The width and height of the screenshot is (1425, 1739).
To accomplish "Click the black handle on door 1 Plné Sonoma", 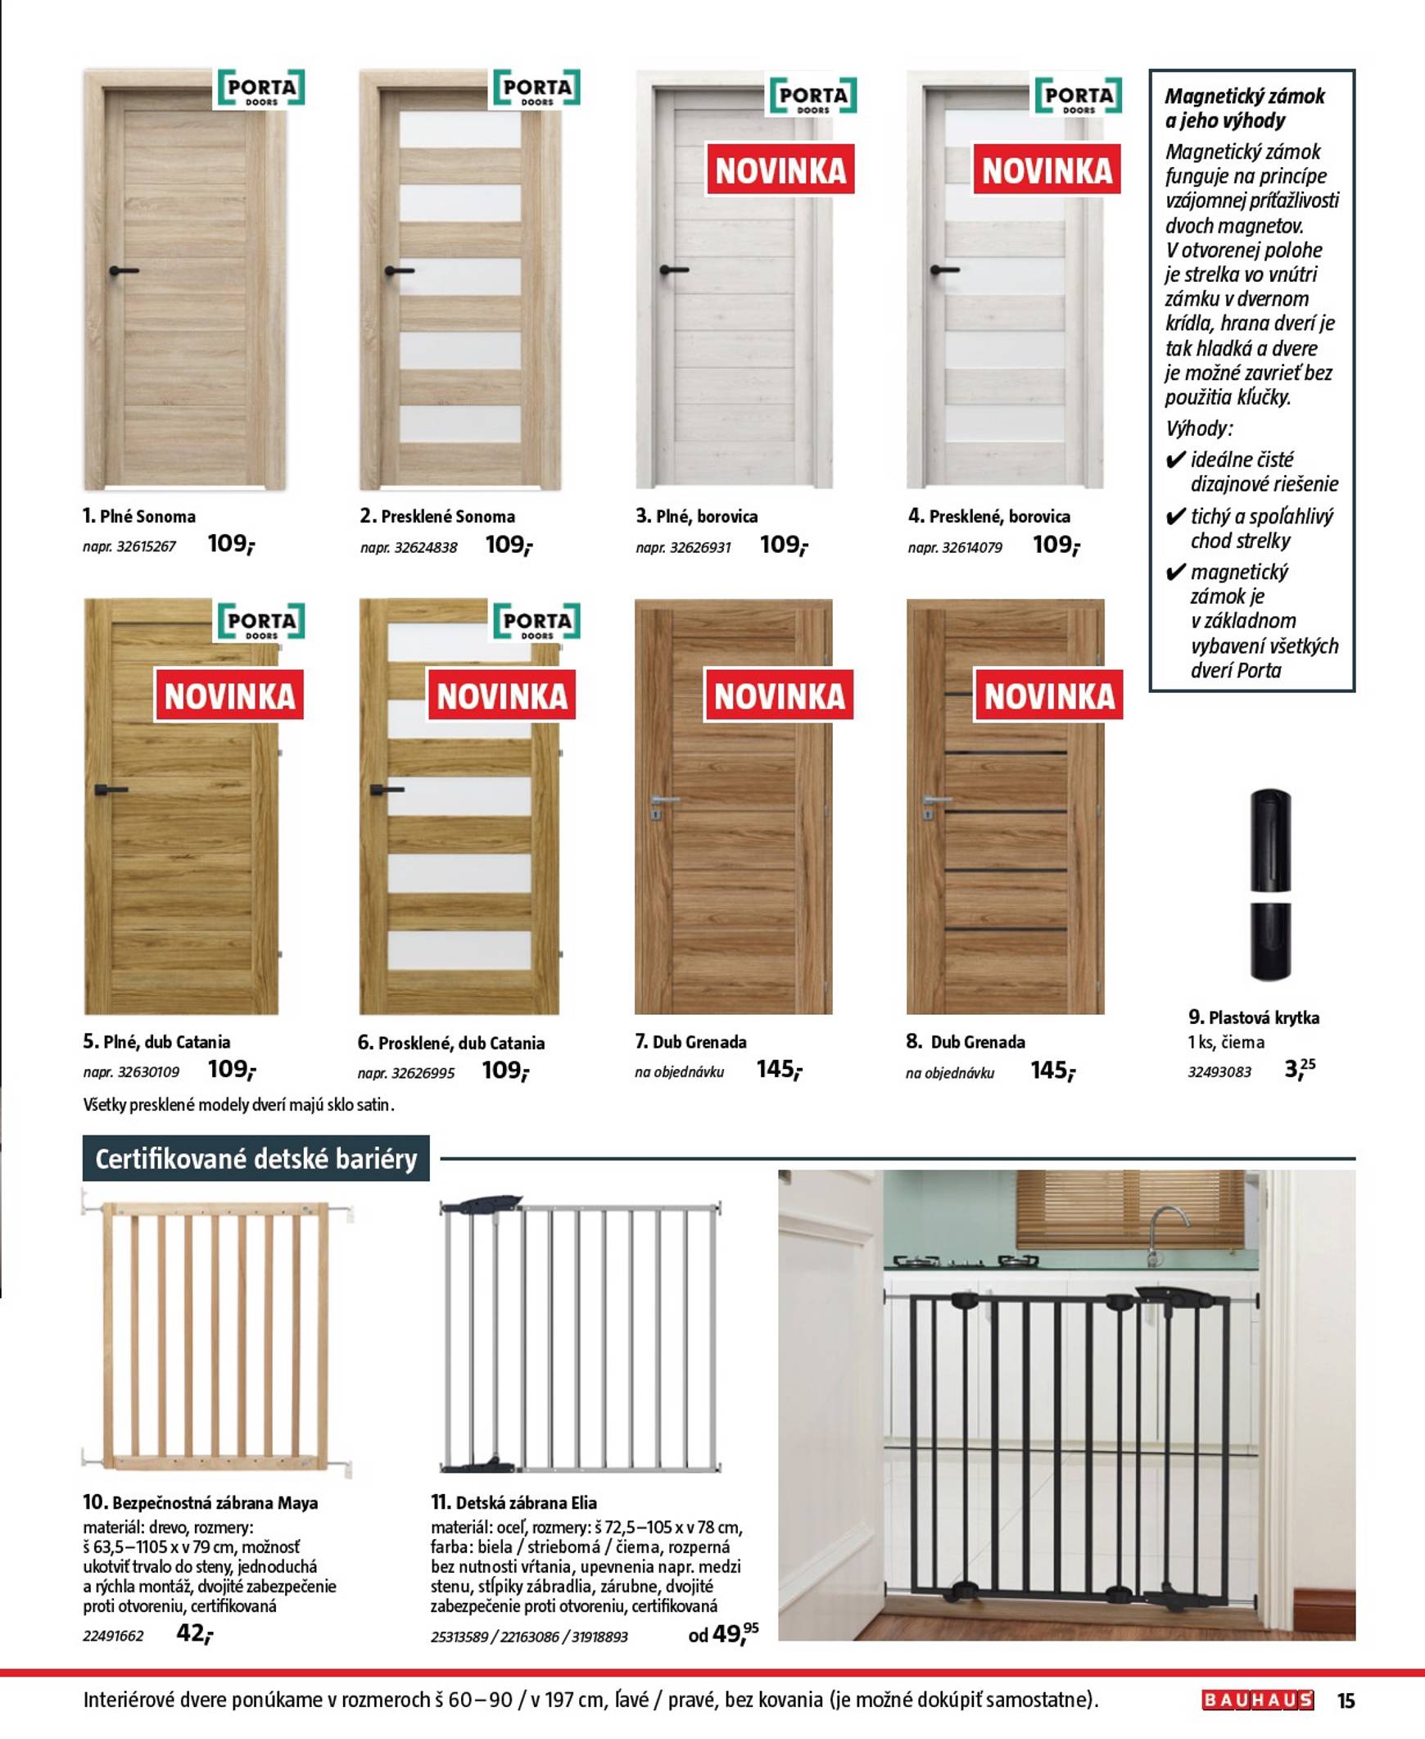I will pyautogui.click(x=123, y=270).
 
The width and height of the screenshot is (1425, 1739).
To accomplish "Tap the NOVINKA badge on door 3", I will pyautogui.click(x=780, y=170).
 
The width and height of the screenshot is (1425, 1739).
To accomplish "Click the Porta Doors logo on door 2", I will pyautogui.click(x=537, y=88).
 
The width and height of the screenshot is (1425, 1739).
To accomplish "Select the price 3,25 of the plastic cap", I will pyautogui.click(x=1300, y=1068).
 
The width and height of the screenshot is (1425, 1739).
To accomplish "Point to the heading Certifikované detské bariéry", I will pyautogui.click(x=256, y=1158).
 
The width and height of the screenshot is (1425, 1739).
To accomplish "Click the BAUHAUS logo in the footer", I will pyautogui.click(x=1258, y=1700).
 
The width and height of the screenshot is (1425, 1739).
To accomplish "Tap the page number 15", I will pyautogui.click(x=1346, y=1700).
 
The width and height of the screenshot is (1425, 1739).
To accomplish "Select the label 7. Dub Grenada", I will pyautogui.click(x=690, y=1042).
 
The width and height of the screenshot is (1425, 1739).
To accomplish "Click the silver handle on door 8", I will pyautogui.click(x=935, y=800).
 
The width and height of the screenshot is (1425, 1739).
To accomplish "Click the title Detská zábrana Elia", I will pyautogui.click(x=513, y=1502).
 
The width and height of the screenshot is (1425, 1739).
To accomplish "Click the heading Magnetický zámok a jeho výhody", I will pyautogui.click(x=1244, y=108).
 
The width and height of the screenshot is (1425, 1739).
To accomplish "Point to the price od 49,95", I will pyautogui.click(x=724, y=1633).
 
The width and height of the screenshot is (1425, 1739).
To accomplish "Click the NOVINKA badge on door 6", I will pyautogui.click(x=501, y=696).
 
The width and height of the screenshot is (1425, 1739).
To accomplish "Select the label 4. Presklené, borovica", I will pyautogui.click(x=988, y=516).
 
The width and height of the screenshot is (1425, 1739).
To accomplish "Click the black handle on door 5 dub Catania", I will pyautogui.click(x=110, y=790).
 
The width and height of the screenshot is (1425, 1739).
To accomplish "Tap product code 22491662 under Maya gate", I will pyautogui.click(x=113, y=1636).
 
